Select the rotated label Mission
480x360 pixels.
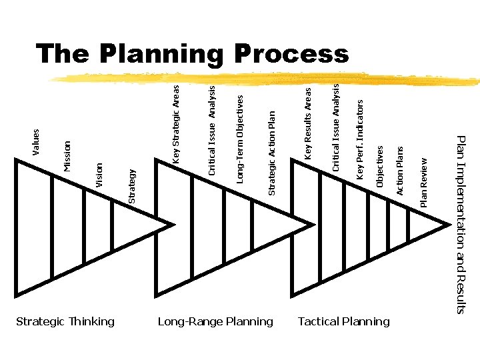click(67, 155)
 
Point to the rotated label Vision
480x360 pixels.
click(99, 175)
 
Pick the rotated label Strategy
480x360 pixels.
click(131, 186)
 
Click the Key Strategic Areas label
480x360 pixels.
click(176, 124)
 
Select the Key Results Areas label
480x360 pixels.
click(308, 123)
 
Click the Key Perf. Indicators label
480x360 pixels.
click(360, 139)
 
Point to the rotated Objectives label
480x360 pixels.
click(380, 167)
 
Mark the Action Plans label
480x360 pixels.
click(400, 171)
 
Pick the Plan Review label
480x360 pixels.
click(424, 181)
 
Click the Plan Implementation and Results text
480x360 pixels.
click(461, 223)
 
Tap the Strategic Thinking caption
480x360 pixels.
click(65, 322)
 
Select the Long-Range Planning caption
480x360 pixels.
click(215, 322)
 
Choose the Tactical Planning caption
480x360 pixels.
click(343, 322)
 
